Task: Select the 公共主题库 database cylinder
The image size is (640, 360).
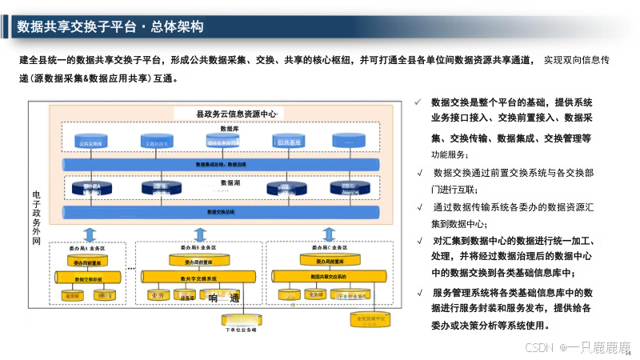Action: [x=90, y=143]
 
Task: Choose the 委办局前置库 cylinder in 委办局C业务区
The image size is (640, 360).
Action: [x=329, y=261]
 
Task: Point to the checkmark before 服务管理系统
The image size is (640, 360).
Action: [x=420, y=292]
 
